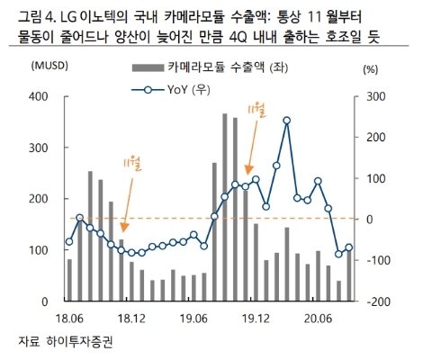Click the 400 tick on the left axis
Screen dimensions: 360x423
pos(40,95)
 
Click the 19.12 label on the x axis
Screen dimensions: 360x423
pos(256,318)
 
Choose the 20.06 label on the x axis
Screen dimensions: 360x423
pos(319,318)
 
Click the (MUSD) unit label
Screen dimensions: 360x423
pos(49,67)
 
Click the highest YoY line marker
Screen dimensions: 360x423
pos(286,120)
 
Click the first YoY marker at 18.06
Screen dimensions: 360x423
pos(69,241)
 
